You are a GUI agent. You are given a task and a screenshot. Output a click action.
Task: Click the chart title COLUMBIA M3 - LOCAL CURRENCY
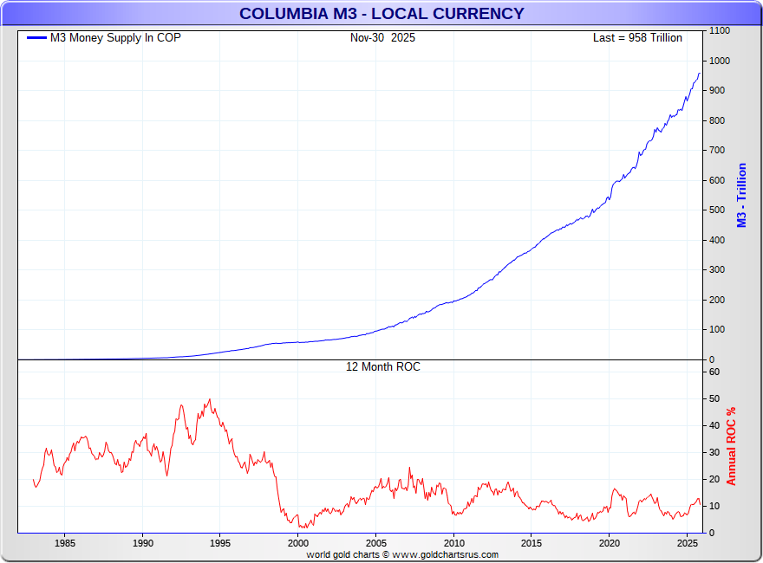[x=381, y=14]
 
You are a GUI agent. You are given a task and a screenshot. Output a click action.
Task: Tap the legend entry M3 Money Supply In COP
[x=115, y=38]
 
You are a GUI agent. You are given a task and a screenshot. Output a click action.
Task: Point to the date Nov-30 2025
[x=382, y=38]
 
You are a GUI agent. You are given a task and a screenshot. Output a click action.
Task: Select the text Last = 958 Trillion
[x=637, y=38]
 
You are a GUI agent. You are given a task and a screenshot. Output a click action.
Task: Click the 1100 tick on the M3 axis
[x=719, y=31]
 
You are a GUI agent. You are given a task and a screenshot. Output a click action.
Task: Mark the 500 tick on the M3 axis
[x=716, y=210]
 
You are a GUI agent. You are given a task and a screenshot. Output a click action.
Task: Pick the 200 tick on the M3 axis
[x=716, y=300]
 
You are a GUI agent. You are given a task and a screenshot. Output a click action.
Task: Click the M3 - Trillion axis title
[x=741, y=195]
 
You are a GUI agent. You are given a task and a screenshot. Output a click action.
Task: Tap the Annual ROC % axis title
[x=731, y=446]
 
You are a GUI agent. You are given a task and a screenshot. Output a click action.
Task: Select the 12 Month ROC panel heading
[x=382, y=367]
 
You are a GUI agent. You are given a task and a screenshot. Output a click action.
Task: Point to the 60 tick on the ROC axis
[x=714, y=372]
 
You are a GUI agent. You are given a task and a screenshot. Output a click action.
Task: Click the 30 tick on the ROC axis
[x=714, y=452]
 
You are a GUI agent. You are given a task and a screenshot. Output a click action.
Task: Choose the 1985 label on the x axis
[x=65, y=544]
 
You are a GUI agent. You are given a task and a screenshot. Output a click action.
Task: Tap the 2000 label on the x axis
[x=298, y=544]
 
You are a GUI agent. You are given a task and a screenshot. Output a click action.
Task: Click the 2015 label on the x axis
[x=531, y=544]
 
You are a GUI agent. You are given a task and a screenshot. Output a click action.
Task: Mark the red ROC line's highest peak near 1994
[x=210, y=399]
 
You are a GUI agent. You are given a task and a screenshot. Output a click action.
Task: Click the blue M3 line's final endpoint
[x=700, y=73]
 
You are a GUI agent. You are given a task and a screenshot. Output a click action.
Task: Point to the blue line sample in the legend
[x=36, y=38]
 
